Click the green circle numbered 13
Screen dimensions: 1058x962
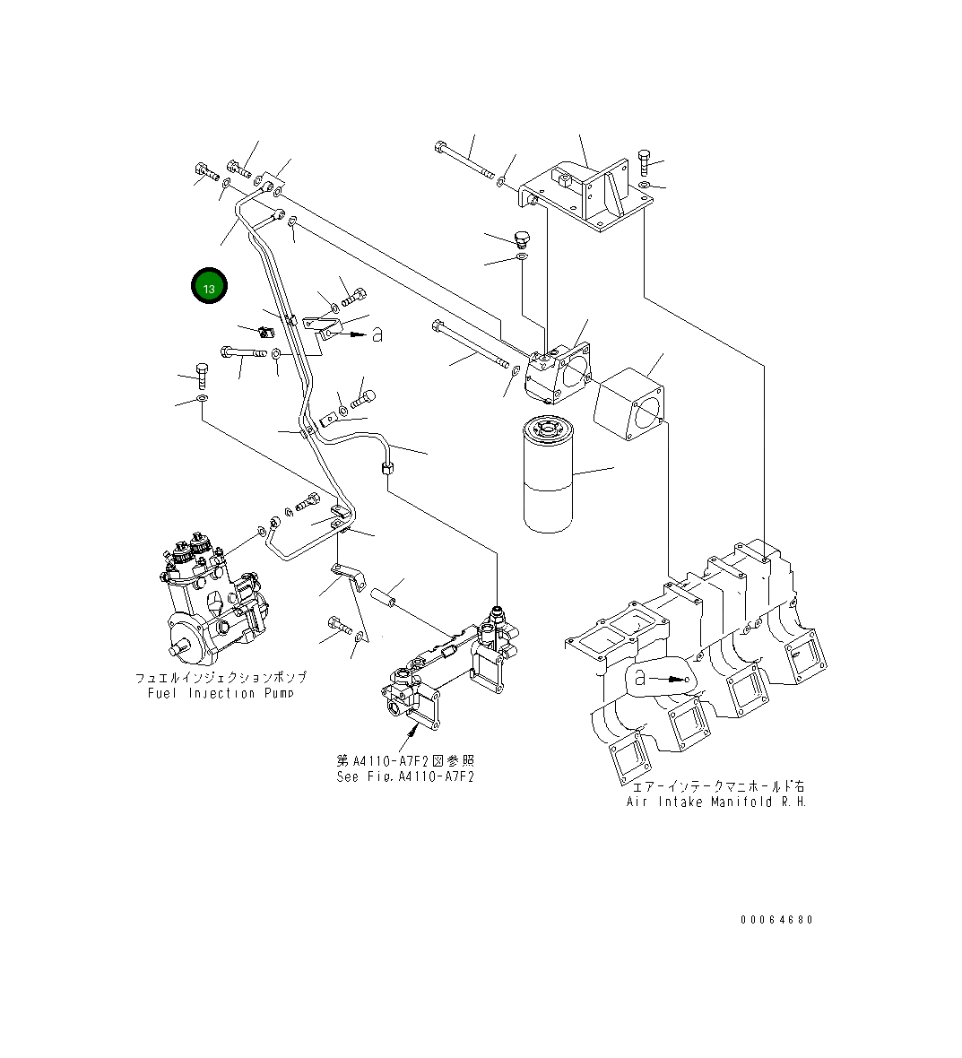point(209,287)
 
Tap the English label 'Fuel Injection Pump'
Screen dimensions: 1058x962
point(221,693)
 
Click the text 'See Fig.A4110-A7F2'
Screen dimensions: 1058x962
point(405,776)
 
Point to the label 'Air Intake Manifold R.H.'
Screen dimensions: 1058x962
point(716,802)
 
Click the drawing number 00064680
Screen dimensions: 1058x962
point(776,920)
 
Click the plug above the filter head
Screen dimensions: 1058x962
point(523,238)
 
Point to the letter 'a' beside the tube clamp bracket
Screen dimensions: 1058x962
point(377,334)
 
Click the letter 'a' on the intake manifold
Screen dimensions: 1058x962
point(639,678)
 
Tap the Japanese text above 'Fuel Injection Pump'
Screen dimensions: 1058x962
point(221,678)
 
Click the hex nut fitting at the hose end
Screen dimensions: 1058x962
point(386,467)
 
